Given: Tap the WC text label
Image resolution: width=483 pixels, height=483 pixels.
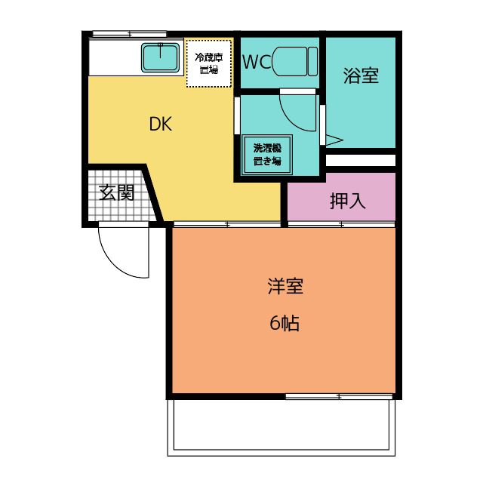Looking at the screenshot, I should point(256,62).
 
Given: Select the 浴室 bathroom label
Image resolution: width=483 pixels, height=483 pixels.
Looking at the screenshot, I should point(361,75).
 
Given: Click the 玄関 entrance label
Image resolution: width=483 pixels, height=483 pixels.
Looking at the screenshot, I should point(117,193).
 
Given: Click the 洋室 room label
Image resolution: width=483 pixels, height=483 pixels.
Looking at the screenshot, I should point(285,287).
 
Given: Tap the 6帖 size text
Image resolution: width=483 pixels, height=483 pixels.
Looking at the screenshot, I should point(285,324).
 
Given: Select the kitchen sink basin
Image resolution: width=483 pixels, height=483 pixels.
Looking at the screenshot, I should point(160,57).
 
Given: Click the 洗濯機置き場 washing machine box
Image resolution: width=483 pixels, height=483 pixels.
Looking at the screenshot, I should point(266,155).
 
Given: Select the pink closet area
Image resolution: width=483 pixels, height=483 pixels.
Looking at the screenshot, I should point(340,198).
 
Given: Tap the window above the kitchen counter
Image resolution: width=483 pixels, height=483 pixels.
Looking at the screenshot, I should point(128,34).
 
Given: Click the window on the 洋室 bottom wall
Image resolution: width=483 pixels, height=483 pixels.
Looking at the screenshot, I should point(340,396).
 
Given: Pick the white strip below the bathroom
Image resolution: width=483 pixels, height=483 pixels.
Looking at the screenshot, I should point(361,160).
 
